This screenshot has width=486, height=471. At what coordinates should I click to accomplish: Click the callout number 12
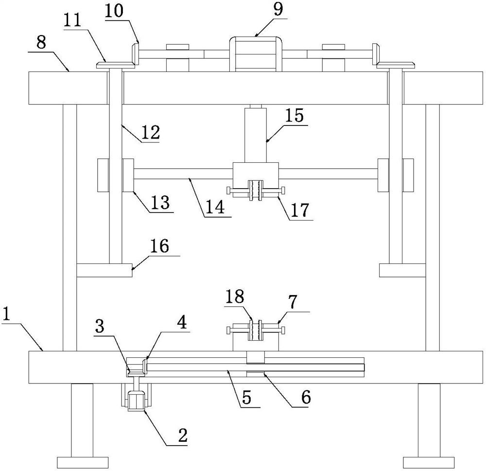[x=151, y=133]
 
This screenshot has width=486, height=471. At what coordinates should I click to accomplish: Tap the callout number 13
[x=160, y=201]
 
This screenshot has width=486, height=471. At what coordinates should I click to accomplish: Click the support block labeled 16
[x=104, y=270]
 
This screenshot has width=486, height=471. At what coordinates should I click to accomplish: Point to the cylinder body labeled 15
[x=255, y=135]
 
